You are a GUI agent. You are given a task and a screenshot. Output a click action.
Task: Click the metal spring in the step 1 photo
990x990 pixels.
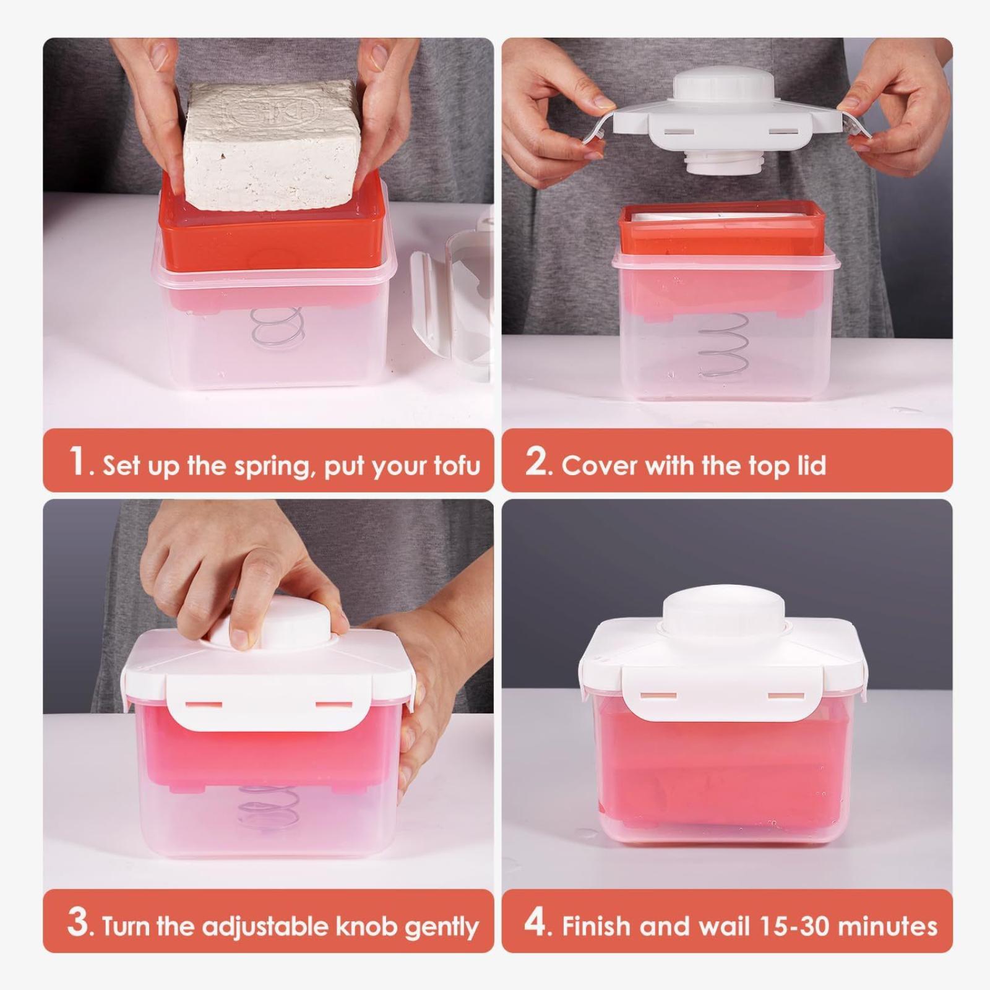tap(278, 335)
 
